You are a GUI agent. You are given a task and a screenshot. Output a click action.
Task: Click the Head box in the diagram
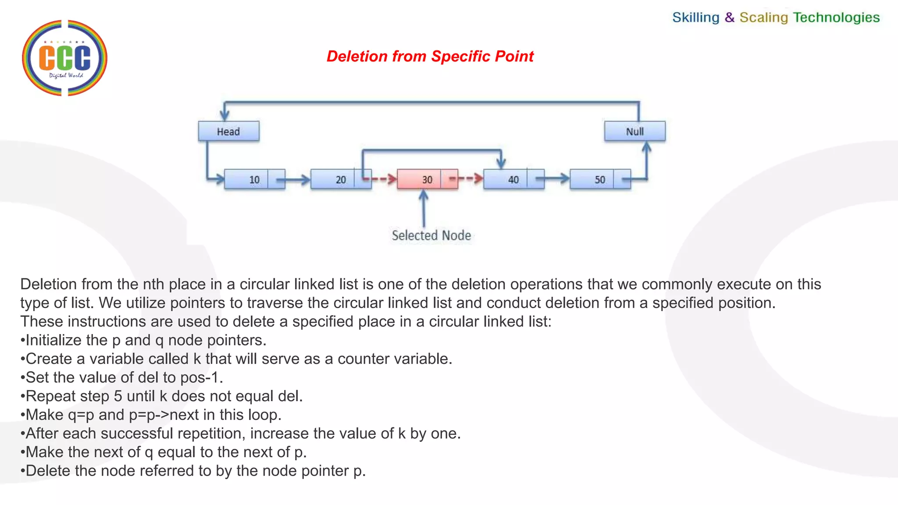pyautogui.click(x=228, y=131)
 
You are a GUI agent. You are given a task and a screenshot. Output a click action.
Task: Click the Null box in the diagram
pyautogui.click(x=634, y=131)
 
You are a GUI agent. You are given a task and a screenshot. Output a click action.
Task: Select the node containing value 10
pyautogui.click(x=254, y=179)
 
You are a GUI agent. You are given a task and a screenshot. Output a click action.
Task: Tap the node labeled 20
pyautogui.click(x=341, y=179)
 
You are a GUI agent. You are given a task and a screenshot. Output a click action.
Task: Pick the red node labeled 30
pyautogui.click(x=427, y=179)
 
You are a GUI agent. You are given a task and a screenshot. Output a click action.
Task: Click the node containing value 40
pyautogui.click(x=513, y=179)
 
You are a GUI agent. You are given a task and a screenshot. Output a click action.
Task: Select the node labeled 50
pyautogui.click(x=600, y=179)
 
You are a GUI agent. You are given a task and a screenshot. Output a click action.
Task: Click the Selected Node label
pyautogui.click(x=431, y=235)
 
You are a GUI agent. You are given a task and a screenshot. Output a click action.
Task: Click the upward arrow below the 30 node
pyautogui.click(x=424, y=208)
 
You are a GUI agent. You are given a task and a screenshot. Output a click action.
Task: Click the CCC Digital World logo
pyautogui.click(x=64, y=58)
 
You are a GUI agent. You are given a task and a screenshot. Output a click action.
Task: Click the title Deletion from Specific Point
pyautogui.click(x=430, y=56)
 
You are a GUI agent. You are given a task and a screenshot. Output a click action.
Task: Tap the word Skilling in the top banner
pyautogui.click(x=696, y=18)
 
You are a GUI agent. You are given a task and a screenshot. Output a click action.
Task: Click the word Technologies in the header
pyautogui.click(x=836, y=18)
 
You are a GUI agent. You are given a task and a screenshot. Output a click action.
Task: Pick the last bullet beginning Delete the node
pyautogui.click(x=193, y=471)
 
